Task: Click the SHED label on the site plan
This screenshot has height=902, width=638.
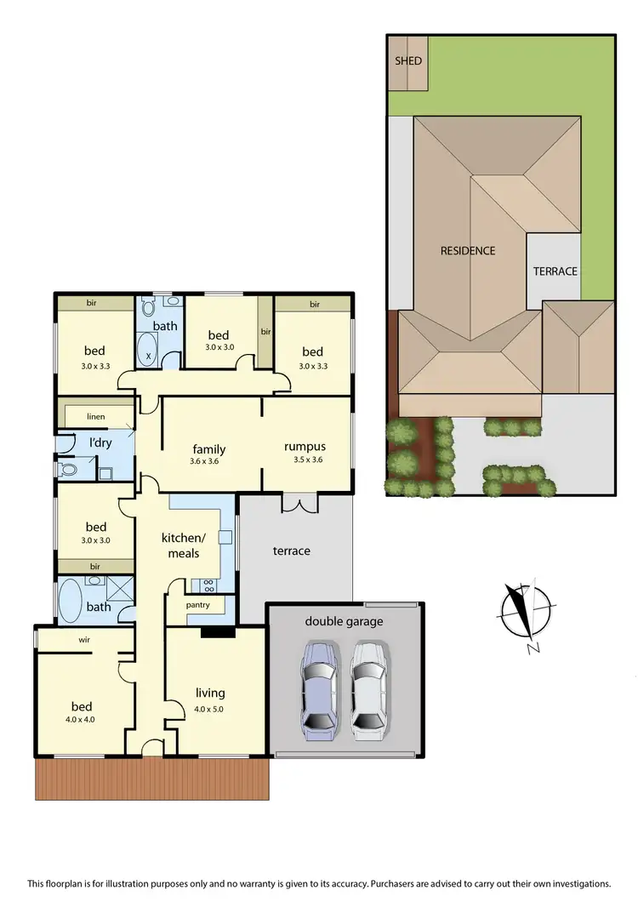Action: pyautogui.click(x=408, y=61)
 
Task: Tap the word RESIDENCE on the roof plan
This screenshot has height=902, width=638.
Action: pyautogui.click(x=467, y=250)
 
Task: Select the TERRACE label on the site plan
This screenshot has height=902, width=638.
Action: pyautogui.click(x=555, y=271)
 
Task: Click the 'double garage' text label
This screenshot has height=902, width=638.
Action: pyautogui.click(x=344, y=621)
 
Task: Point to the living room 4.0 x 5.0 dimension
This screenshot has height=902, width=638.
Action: pyautogui.click(x=209, y=708)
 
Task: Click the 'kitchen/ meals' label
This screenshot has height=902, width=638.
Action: pyautogui.click(x=183, y=545)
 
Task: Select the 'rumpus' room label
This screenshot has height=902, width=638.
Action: pyautogui.click(x=305, y=447)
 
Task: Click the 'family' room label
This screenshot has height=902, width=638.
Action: pyautogui.click(x=209, y=449)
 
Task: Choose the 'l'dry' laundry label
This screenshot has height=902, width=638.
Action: pyautogui.click(x=101, y=442)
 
